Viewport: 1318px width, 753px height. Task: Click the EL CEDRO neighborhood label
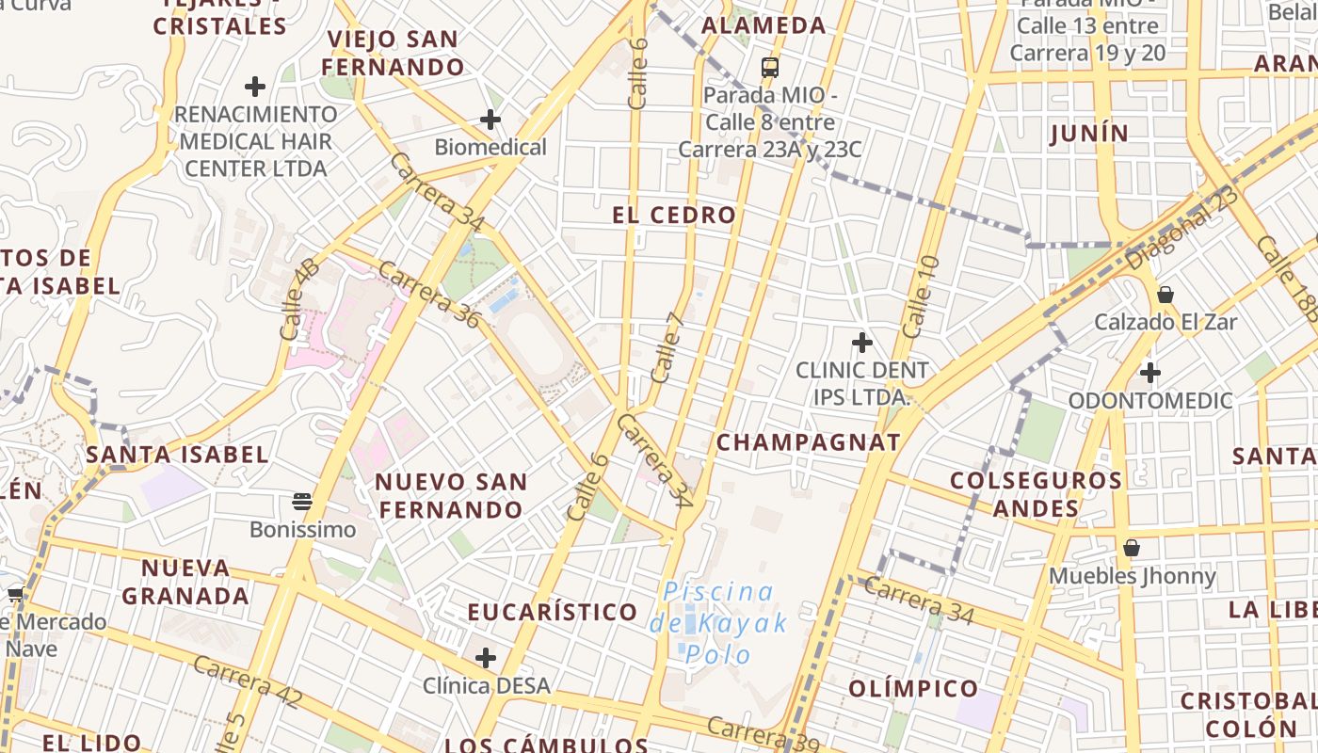674,215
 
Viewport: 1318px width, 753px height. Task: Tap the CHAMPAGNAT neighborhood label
809,442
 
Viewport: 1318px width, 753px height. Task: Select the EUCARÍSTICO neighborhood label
553,612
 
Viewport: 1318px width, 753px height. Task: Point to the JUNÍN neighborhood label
1089,134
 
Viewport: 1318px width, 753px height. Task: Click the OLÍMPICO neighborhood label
913,688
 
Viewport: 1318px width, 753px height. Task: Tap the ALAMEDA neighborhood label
763,25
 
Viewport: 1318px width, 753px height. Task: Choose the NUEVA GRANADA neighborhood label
185,582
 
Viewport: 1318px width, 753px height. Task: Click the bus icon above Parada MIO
770,67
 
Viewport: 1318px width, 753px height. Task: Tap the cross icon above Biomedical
490,120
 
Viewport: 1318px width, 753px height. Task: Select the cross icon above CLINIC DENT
861,343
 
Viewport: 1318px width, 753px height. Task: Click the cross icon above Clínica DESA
486,657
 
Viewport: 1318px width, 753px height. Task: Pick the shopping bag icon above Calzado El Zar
1165,295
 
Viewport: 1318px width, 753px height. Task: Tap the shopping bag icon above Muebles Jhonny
1132,547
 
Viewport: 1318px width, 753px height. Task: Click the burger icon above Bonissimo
302,501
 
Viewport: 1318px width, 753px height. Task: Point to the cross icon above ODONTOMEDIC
1149,373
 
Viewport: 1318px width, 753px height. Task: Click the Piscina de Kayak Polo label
718,623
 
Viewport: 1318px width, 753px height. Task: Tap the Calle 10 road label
920,296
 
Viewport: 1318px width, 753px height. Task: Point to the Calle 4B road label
299,299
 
